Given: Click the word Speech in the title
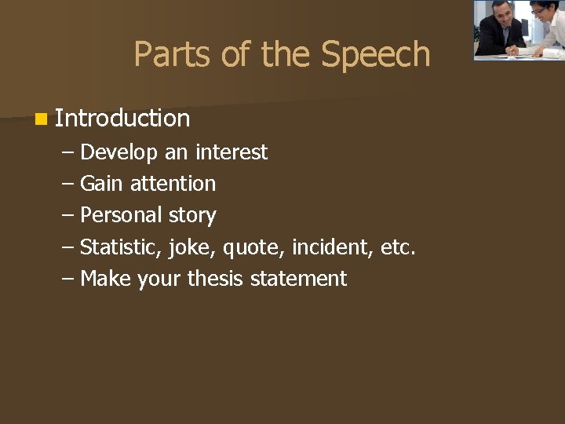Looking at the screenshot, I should click(375, 55).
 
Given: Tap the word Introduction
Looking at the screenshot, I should click(122, 119).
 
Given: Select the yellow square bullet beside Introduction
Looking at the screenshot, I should click(40, 119).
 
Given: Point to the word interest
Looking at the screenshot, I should click(231, 152).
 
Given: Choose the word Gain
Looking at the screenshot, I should click(102, 184).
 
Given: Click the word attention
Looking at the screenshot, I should click(173, 184).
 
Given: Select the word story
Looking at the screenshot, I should click(192, 215).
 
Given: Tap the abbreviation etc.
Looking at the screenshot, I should click(397, 247).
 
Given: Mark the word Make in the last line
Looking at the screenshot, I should click(105, 279).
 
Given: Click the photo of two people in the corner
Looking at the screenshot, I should click(518, 29).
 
